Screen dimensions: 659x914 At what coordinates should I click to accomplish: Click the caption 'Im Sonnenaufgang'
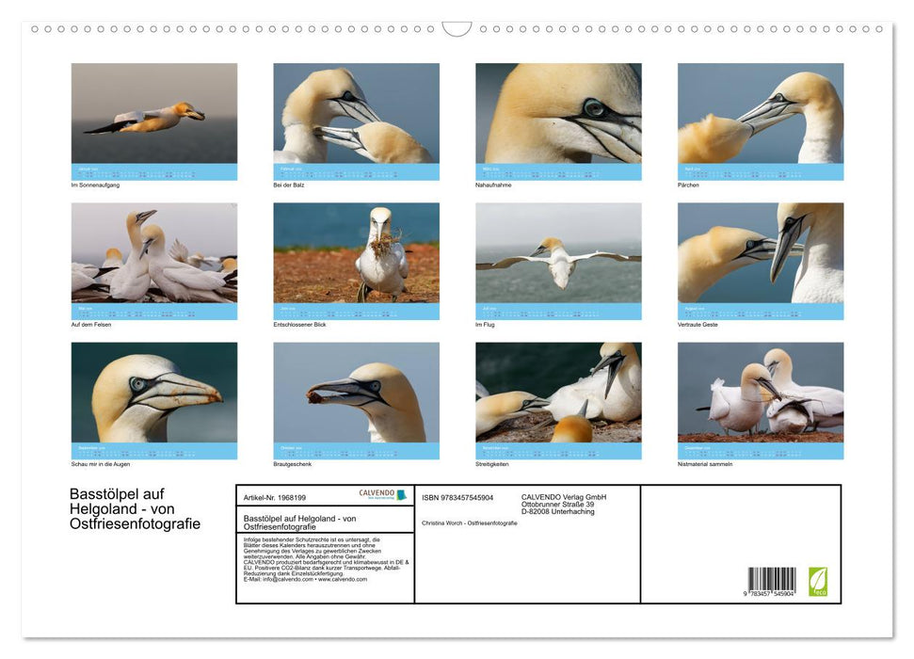(x=95, y=185)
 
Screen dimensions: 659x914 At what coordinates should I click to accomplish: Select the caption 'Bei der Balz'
(x=289, y=185)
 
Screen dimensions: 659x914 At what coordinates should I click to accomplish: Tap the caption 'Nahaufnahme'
(x=493, y=185)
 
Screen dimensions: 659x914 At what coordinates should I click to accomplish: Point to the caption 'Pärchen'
(x=688, y=185)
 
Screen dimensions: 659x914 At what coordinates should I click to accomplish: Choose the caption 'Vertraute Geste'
(x=698, y=324)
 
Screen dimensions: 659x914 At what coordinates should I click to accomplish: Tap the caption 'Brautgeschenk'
(x=293, y=464)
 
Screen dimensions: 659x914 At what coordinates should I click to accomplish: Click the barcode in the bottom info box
(x=772, y=580)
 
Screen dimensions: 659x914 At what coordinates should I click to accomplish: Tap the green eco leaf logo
(x=817, y=581)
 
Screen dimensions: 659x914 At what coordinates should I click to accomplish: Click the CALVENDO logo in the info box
(x=382, y=494)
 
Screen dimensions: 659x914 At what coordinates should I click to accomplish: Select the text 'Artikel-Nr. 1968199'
(x=274, y=496)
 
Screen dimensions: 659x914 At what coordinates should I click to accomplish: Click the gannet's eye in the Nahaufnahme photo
(x=593, y=107)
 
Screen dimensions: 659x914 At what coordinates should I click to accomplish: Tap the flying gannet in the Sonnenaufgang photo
(x=151, y=119)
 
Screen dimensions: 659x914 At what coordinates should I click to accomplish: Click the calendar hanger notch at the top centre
(x=457, y=29)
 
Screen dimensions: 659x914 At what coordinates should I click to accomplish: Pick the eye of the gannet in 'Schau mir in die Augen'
(x=138, y=384)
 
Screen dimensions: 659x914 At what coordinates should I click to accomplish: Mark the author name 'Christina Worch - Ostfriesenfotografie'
(x=469, y=522)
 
